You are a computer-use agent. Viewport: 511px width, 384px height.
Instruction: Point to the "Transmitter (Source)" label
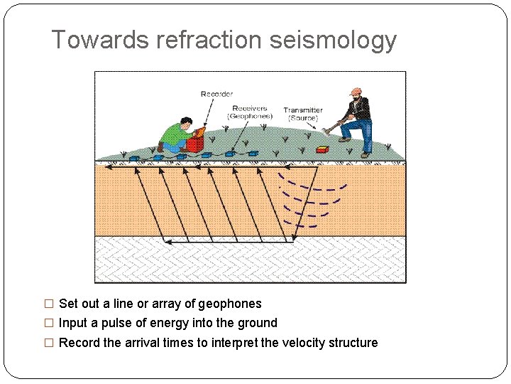click(x=303, y=114)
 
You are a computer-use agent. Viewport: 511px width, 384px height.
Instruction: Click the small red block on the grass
click(x=322, y=149)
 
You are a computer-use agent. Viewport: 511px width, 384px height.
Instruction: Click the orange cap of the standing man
click(x=356, y=92)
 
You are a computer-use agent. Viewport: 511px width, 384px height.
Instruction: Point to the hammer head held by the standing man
click(x=326, y=130)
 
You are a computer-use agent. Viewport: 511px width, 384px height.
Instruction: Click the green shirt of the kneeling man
click(x=173, y=134)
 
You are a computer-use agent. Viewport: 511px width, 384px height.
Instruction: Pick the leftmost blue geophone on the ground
click(x=133, y=158)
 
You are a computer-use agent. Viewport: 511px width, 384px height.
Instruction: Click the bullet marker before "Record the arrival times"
click(x=49, y=343)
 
